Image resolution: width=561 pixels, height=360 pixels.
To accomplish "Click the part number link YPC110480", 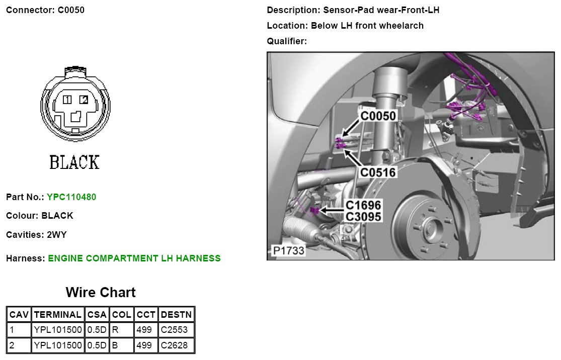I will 71,197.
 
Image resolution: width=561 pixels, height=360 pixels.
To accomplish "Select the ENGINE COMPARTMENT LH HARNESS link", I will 134,258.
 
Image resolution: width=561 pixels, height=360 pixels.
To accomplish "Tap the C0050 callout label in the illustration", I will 378,116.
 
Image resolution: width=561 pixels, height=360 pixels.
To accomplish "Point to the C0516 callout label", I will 378,172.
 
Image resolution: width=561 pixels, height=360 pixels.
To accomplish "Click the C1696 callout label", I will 363,205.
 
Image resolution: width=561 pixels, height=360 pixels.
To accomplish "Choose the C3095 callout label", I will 363,217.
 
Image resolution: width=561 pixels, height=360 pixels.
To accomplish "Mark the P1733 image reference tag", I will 288,250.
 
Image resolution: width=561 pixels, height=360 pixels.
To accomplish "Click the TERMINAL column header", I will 57,315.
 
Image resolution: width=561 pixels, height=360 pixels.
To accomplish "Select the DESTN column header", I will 176,315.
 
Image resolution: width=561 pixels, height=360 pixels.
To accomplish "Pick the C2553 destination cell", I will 174,330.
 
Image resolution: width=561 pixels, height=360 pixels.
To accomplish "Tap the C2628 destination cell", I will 174,345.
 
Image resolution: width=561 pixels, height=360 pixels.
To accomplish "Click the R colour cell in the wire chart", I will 115,330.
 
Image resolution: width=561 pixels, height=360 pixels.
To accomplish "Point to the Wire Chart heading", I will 101,293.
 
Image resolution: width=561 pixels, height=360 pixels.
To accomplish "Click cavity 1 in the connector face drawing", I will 67,100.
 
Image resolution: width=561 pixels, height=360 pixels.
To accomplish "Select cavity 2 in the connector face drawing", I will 84,100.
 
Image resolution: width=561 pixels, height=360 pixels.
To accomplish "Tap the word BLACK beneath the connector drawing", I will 74,162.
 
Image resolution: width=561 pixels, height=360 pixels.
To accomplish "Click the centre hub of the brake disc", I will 428,228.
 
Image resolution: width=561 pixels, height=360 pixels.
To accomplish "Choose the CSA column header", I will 97,315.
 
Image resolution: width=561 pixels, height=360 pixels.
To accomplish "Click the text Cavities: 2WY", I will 36,234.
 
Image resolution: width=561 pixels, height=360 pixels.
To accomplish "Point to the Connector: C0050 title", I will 45,10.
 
